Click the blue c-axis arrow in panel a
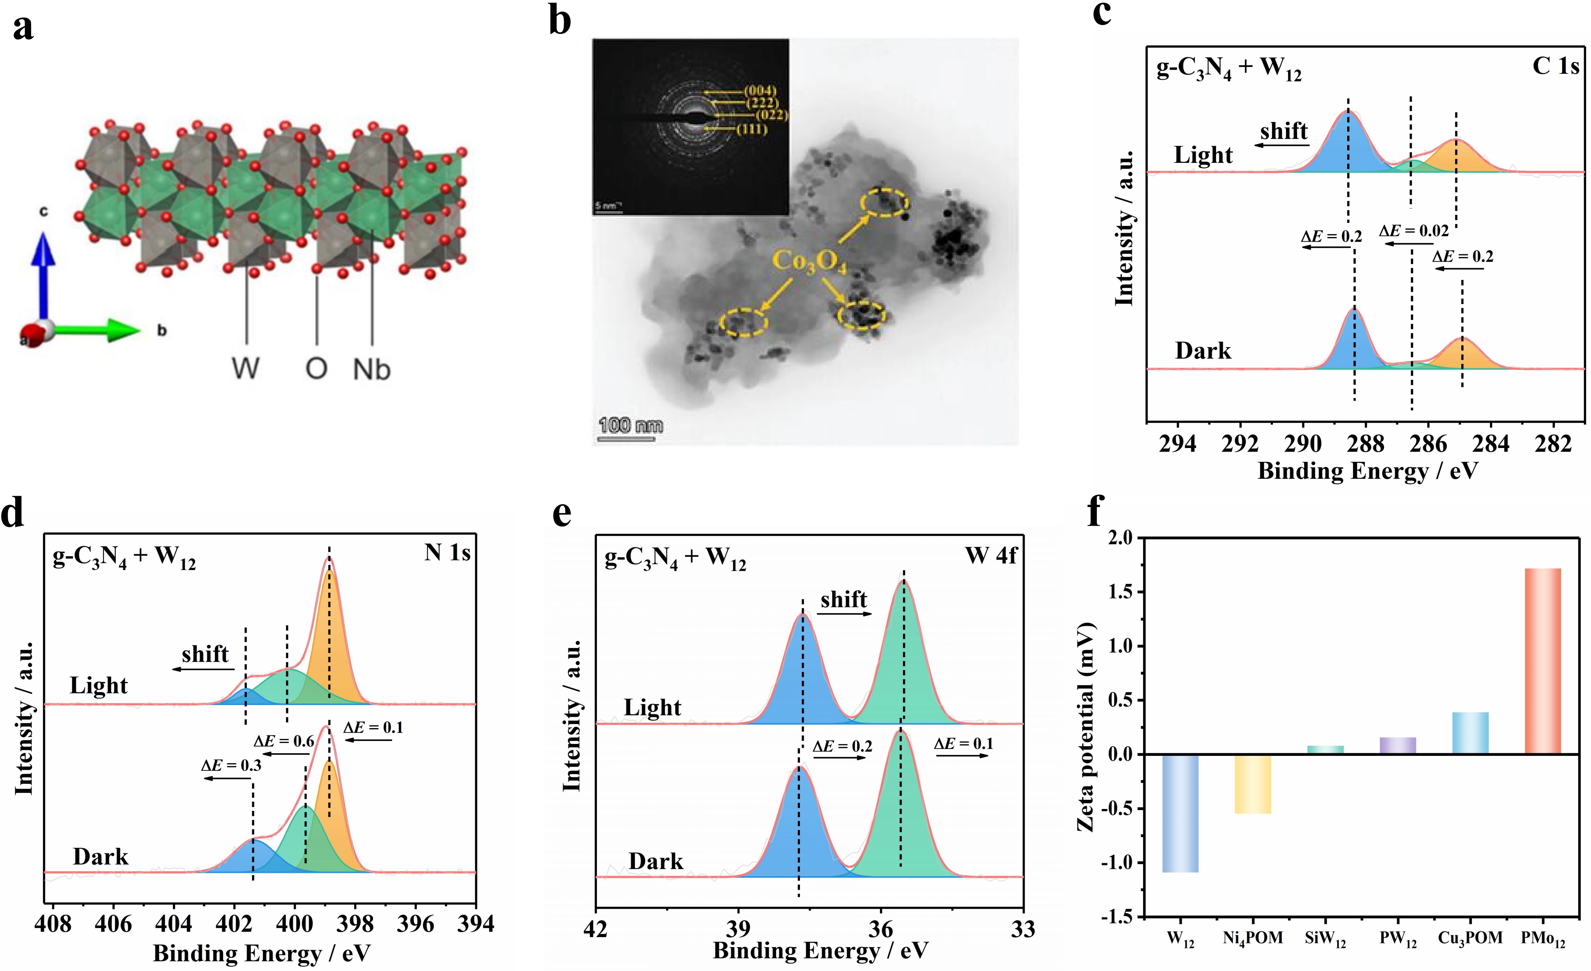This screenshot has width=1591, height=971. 43,271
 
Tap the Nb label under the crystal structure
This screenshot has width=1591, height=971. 372,369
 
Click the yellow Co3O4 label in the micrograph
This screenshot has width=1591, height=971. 809,262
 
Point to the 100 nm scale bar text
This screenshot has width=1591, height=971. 630,425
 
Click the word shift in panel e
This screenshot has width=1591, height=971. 843,600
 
